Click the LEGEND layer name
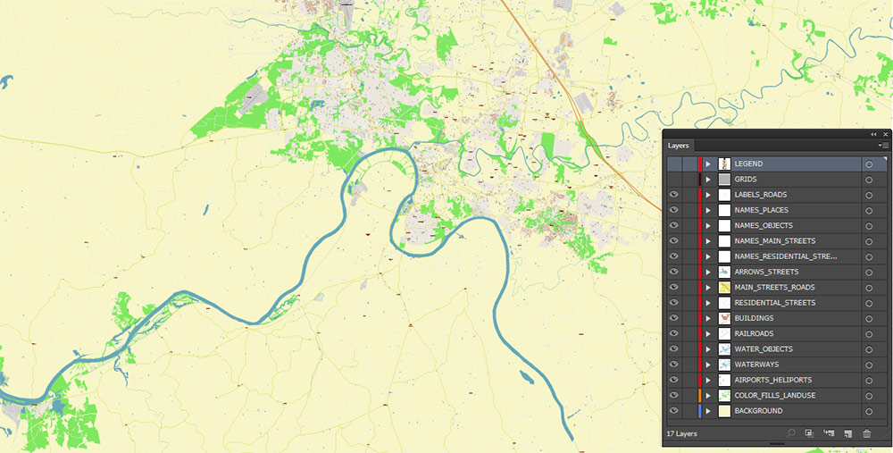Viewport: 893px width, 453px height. pos(748,164)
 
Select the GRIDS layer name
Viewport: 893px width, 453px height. pos(746,180)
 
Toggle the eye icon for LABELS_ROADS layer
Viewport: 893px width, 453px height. pos(674,195)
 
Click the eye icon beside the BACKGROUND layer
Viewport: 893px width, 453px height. pos(674,411)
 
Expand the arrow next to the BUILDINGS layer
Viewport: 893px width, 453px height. pos(708,318)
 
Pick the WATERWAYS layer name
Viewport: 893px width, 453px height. pos(756,365)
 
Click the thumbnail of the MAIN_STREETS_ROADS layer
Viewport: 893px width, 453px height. pos(724,288)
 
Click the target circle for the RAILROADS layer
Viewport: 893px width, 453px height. pos(869,334)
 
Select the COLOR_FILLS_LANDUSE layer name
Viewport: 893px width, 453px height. pos(774,396)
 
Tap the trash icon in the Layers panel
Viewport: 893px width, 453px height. pos(866,433)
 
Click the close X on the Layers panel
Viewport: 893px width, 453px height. pos(886,134)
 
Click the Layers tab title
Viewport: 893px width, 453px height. pos(679,145)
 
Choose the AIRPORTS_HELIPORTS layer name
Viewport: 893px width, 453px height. pos(772,381)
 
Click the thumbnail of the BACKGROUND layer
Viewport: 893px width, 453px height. pos(724,411)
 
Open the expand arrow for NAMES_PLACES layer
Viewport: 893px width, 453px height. pos(708,210)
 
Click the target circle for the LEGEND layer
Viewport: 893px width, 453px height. pos(869,164)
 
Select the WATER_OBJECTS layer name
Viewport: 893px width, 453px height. pos(763,349)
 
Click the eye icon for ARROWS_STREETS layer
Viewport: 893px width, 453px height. pos(674,272)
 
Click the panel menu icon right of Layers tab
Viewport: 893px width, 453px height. pos(882,145)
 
